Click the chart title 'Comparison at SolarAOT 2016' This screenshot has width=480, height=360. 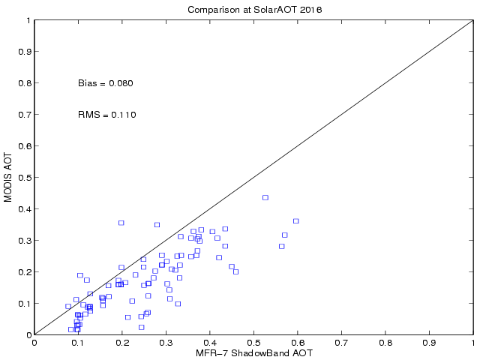pos(253,10)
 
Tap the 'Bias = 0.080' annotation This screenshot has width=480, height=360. pos(105,83)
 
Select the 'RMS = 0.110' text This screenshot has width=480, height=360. pos(106,115)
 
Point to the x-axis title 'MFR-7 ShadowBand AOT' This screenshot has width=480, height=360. pos(253,353)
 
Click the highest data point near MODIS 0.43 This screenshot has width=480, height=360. pos(265,197)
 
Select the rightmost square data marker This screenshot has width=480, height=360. pos(295,220)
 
